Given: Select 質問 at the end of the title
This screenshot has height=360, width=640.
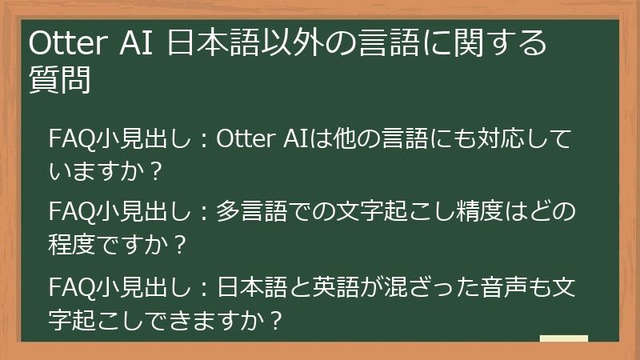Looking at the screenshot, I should click(x=58, y=81).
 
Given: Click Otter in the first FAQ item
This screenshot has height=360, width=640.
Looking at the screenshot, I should click(x=246, y=138).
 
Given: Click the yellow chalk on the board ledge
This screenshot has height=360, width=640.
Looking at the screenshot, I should click(x=563, y=338).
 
